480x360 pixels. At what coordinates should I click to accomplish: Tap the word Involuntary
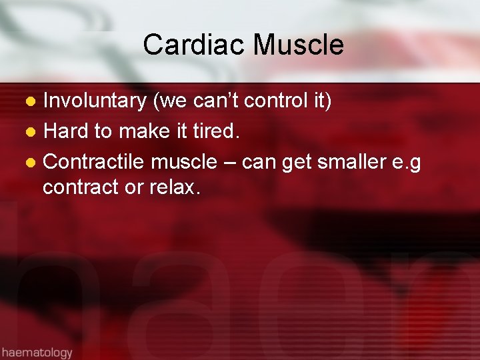[95, 101]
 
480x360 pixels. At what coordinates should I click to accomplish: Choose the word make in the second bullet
[143, 132]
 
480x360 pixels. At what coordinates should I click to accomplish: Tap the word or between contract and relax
[133, 189]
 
